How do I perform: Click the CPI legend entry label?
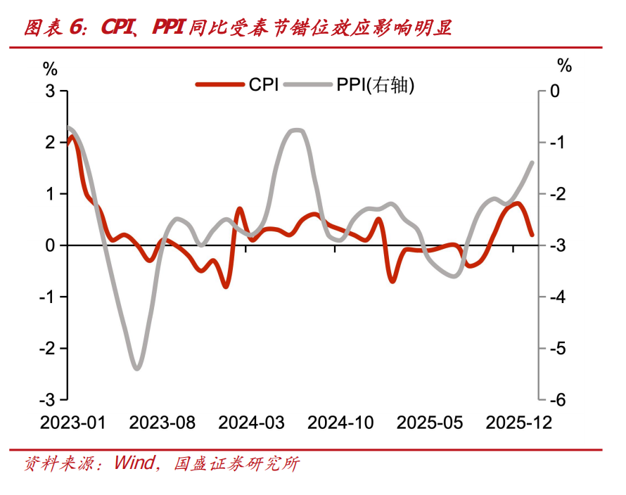pyautogui.click(x=264, y=85)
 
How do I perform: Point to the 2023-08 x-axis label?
pyautogui.click(x=162, y=423)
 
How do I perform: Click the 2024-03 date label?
pyautogui.click(x=251, y=423)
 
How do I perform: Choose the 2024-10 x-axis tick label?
pyautogui.click(x=340, y=423)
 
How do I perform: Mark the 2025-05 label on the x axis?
pyautogui.click(x=430, y=423)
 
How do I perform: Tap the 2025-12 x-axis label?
pyautogui.click(x=519, y=423)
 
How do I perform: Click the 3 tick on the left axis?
pyautogui.click(x=50, y=91)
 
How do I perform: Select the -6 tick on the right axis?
pyautogui.click(x=556, y=400)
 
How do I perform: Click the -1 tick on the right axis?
pyautogui.click(x=556, y=143)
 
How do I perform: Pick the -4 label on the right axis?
pyautogui.click(x=556, y=297)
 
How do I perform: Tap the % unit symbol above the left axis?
pyautogui.click(x=50, y=68)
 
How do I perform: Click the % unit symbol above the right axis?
pyautogui.click(x=565, y=66)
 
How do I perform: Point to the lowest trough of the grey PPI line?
pyautogui.click(x=137, y=368)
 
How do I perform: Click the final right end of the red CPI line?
pyautogui.click(x=532, y=235)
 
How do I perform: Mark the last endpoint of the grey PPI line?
pyautogui.click(x=532, y=162)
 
